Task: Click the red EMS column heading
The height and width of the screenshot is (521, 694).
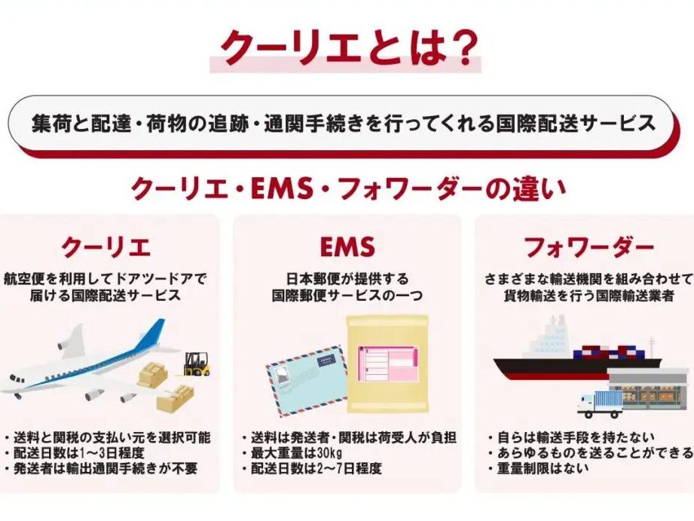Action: coord(347,247)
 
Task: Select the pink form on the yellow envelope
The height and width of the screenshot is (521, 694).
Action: coord(388,368)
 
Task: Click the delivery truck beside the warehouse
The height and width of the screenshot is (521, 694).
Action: coord(600,403)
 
